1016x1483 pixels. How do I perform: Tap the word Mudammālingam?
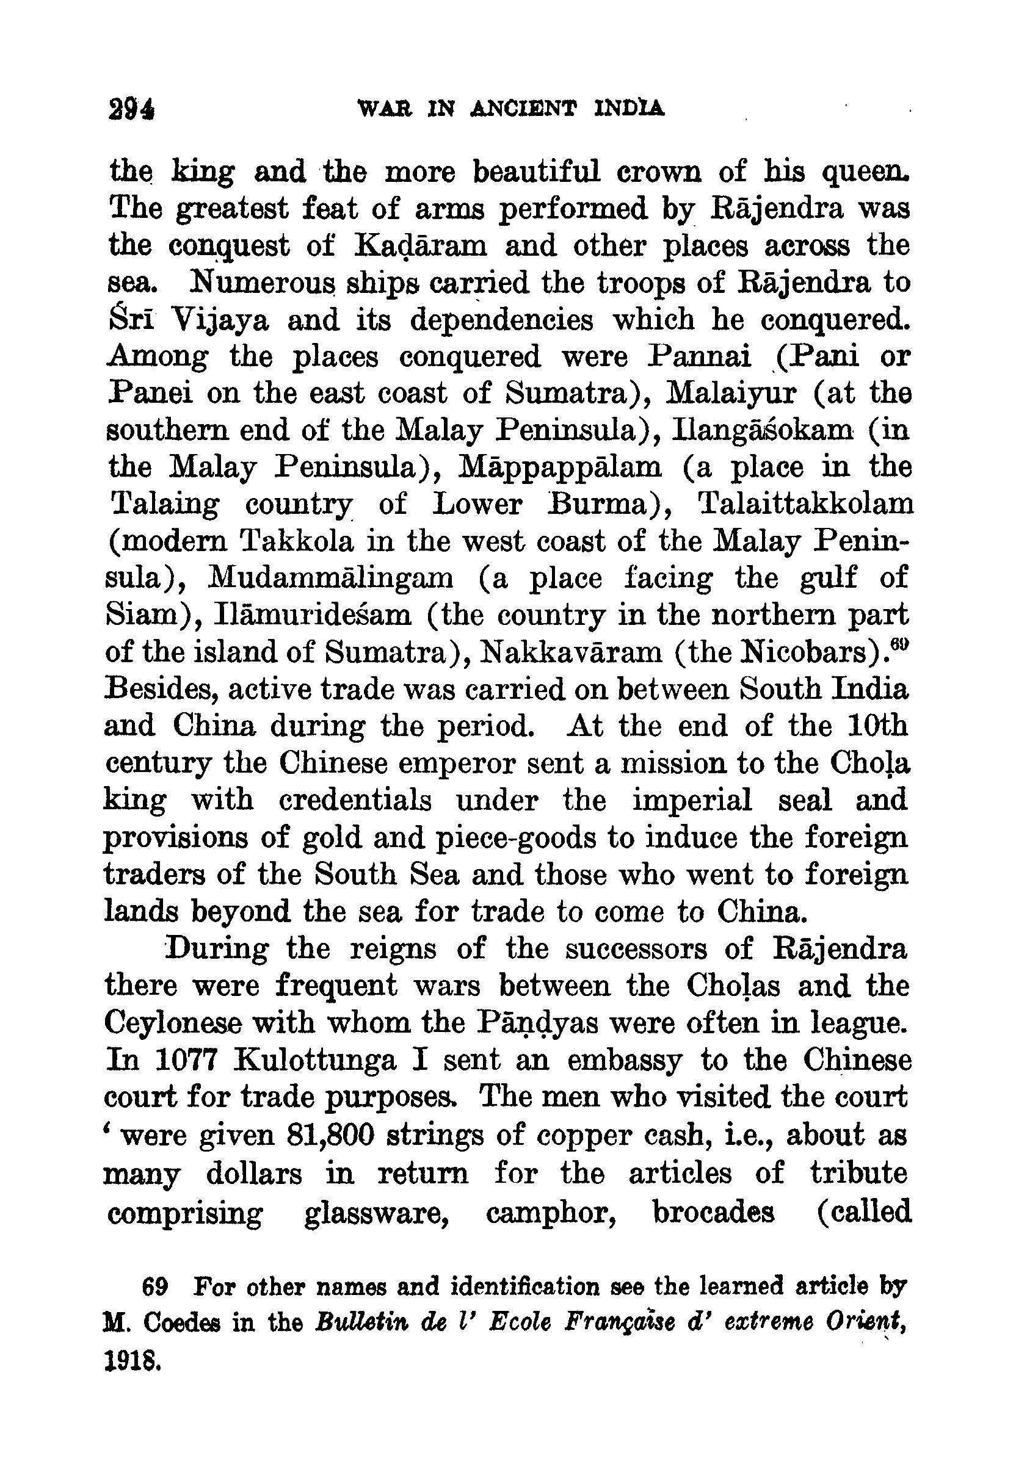(x=331, y=578)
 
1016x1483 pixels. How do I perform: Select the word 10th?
(x=876, y=726)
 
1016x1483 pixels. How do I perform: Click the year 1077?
(x=187, y=1060)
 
